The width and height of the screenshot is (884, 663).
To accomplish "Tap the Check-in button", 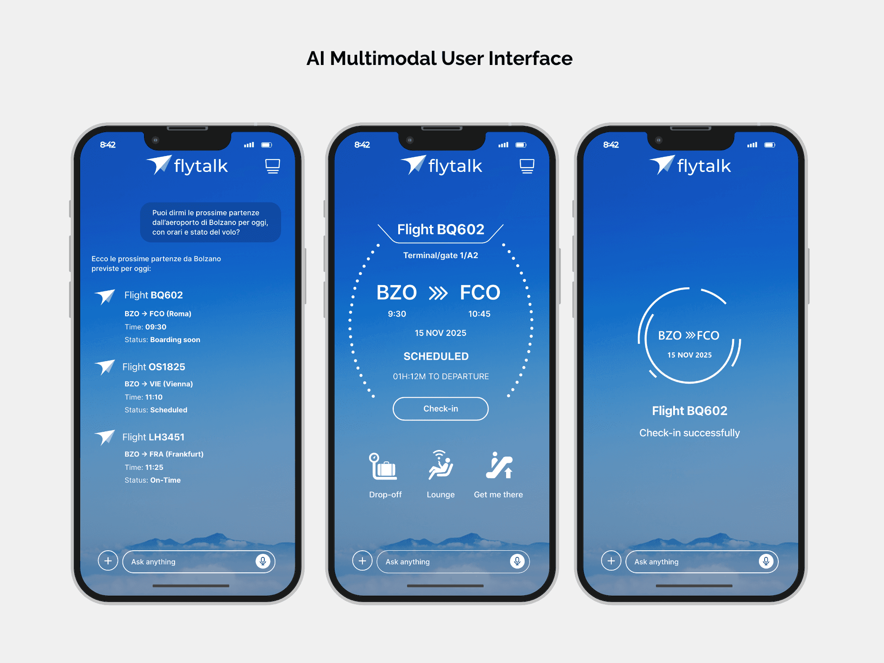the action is [x=441, y=409].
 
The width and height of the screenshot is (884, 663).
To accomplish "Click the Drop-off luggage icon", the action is [x=383, y=466].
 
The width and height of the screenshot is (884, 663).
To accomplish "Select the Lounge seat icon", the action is [x=441, y=465].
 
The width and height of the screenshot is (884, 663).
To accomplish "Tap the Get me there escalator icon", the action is [x=499, y=465].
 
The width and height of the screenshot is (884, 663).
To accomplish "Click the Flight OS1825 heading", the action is [x=154, y=367].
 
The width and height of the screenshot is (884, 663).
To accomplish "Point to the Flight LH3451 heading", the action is [x=153, y=437].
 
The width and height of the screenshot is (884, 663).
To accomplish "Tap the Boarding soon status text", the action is [x=175, y=339].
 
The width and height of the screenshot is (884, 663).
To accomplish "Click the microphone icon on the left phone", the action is [x=263, y=561].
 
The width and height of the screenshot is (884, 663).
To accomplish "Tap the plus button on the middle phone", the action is [x=362, y=561].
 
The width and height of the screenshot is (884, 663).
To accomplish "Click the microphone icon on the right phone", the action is [x=766, y=561].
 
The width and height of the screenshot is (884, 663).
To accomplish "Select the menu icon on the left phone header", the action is [x=273, y=166].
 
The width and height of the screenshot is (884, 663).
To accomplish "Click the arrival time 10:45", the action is [x=480, y=314].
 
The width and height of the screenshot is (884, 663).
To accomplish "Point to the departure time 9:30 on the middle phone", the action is [x=397, y=314].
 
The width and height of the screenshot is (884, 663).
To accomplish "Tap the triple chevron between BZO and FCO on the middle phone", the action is [x=438, y=293].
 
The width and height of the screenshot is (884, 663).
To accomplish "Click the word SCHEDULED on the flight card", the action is [x=436, y=356].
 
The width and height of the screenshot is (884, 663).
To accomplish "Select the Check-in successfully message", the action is [x=690, y=433].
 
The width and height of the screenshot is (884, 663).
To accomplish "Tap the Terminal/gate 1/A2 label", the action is [x=441, y=255].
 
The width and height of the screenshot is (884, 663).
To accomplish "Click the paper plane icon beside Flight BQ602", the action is [x=105, y=297].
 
